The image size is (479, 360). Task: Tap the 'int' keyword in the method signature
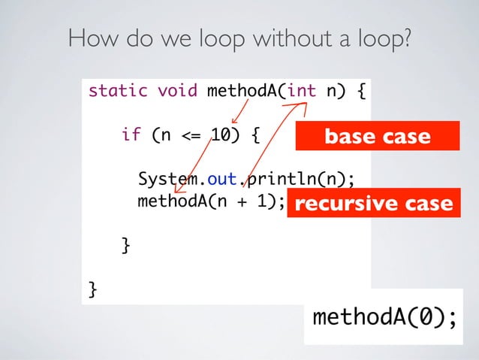pyautogui.click(x=302, y=92)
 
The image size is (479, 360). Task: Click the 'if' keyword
pyautogui.click(x=131, y=136)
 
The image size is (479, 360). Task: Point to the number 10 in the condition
pyautogui.click(x=220, y=136)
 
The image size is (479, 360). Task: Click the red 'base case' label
pyautogui.click(x=376, y=137)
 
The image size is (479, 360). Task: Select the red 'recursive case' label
pyautogui.click(x=373, y=204)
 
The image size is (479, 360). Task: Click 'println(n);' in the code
pyautogui.click(x=300, y=180)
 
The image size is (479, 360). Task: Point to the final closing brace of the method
pyautogui.click(x=93, y=289)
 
